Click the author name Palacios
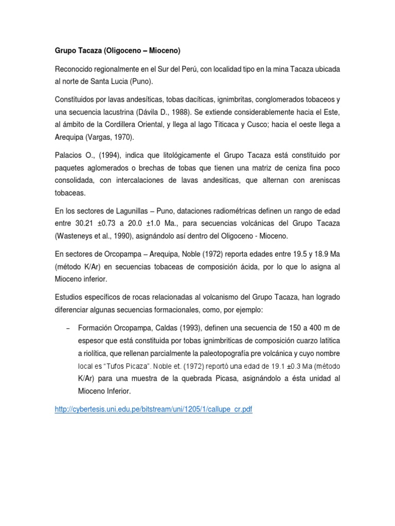click(x=68, y=155)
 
